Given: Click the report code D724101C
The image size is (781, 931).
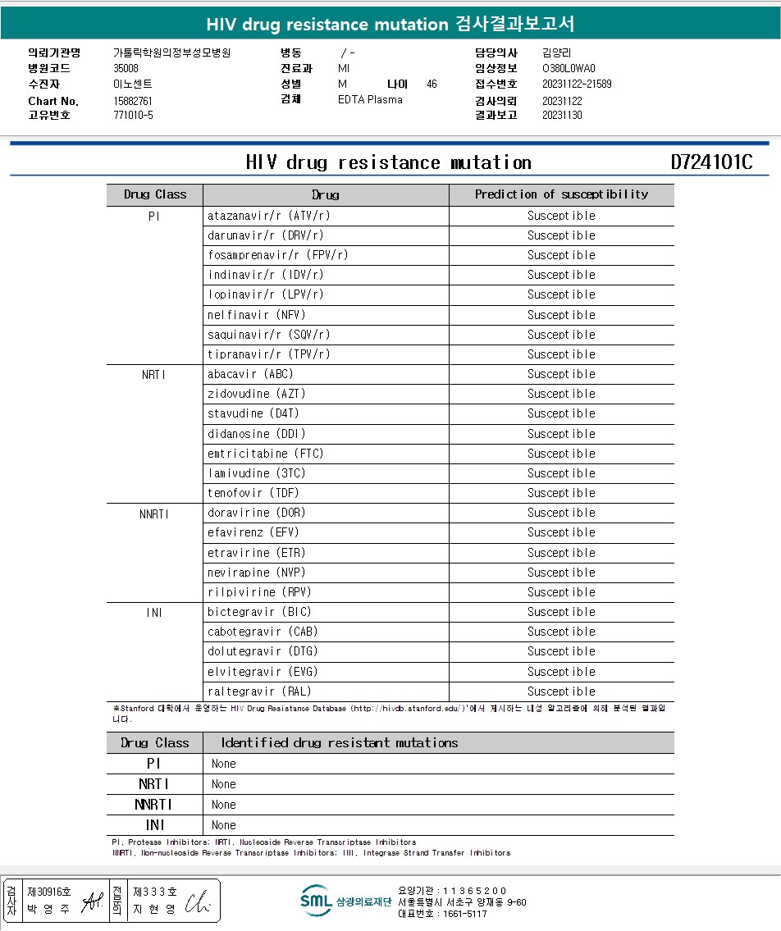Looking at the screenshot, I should (710, 162).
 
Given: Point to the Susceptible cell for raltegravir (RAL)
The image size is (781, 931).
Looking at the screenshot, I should (561, 691).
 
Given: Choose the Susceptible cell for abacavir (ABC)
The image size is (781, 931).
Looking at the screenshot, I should (561, 374).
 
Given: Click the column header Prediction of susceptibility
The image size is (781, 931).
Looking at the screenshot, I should (561, 194).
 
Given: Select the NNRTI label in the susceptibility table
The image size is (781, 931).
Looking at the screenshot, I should (154, 513).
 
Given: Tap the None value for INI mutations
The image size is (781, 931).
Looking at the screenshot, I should (223, 825).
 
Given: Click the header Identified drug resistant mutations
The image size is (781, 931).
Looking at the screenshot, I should (339, 743).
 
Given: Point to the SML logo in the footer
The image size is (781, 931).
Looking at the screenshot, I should (315, 901).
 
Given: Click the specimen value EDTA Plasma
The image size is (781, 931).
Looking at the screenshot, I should (370, 100).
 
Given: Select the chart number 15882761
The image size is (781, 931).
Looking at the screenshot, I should (133, 101).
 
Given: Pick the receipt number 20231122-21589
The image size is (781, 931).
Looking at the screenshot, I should (577, 84).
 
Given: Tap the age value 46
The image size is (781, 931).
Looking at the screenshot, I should (432, 84).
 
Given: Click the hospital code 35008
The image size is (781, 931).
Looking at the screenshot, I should (126, 69).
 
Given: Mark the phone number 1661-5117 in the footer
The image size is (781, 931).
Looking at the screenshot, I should (464, 914).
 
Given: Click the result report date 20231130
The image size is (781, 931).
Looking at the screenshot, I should (562, 116).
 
